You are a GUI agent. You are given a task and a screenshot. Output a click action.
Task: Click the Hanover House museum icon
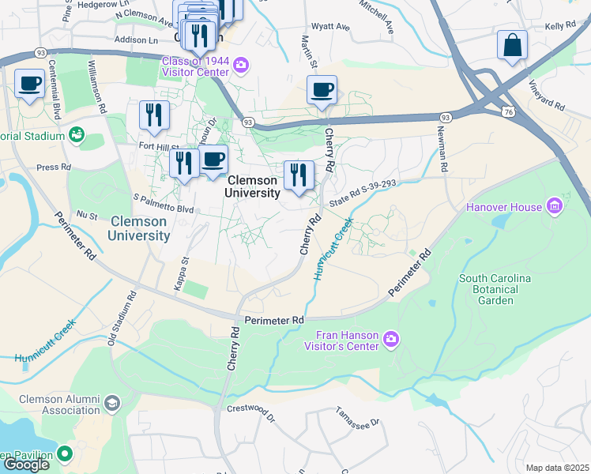point(555,207)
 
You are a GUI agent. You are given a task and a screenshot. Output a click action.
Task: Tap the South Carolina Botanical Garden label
point(495,289)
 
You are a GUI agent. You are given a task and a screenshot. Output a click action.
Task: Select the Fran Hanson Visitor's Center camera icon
point(390,340)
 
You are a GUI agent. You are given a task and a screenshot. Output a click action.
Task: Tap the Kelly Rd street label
point(560,26)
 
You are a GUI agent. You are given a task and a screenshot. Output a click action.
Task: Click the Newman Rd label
point(444,152)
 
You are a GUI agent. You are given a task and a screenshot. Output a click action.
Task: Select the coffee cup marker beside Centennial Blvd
point(30,83)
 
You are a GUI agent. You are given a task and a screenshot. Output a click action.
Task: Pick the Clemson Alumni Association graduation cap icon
point(111,404)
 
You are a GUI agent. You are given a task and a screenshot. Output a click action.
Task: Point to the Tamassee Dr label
point(357,416)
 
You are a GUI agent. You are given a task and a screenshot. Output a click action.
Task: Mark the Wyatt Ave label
point(330,27)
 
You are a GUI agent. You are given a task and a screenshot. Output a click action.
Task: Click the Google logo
point(26,465)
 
